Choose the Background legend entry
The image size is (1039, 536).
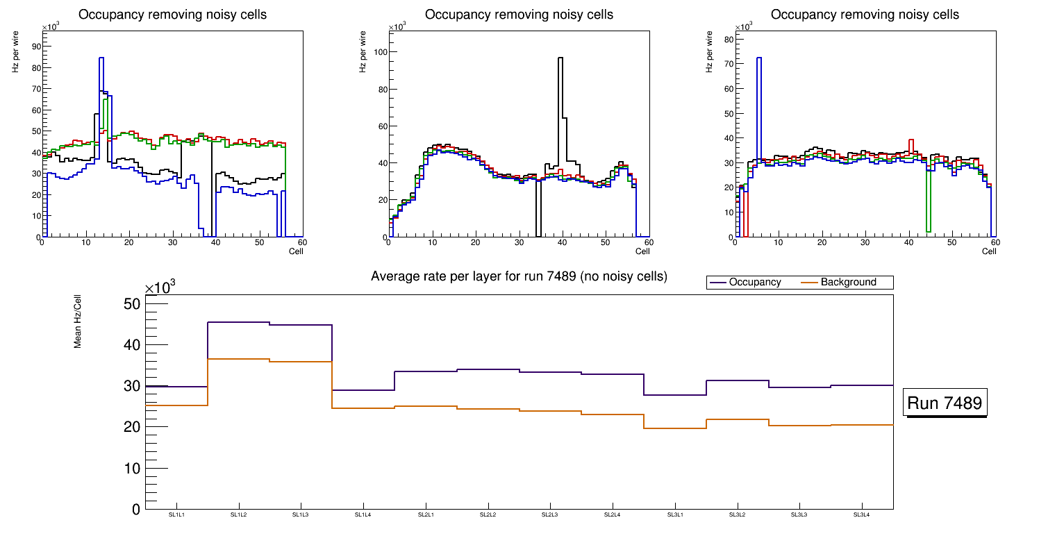[848, 283]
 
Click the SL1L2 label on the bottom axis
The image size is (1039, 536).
[238, 514]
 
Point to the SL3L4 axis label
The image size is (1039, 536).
[861, 514]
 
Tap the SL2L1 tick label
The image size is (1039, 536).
[425, 514]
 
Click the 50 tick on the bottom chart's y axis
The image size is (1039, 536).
[131, 304]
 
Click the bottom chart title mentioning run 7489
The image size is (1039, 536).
[519, 276]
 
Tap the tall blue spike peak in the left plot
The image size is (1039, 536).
[101, 58]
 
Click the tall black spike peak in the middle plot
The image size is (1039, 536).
[560, 58]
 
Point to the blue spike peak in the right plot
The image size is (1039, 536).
[759, 58]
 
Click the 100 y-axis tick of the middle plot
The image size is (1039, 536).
[378, 52]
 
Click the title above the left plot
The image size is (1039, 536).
[172, 15]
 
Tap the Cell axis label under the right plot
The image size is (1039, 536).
[989, 251]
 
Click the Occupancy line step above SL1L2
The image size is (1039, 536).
[238, 322]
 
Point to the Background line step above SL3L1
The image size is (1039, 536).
[675, 428]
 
